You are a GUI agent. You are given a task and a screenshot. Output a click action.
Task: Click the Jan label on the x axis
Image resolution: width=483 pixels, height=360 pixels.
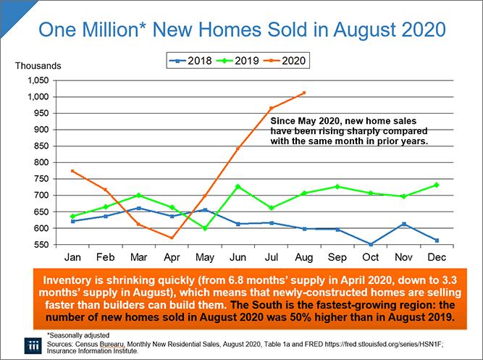73,258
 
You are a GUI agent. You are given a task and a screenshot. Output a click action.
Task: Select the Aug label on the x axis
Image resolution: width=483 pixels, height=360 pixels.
305,258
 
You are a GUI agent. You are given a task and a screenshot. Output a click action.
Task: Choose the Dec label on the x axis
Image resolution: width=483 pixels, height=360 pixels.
438,258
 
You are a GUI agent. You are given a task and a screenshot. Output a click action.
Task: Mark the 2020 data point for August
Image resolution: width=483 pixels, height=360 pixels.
305,93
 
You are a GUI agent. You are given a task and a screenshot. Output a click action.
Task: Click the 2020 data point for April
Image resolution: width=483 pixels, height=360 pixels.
172,238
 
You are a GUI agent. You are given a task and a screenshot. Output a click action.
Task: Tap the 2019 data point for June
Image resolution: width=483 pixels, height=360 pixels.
238,186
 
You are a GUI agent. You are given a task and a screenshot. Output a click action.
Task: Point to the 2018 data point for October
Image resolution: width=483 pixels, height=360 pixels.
371,244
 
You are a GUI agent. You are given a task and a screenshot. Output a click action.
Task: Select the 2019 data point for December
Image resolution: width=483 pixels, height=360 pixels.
438,185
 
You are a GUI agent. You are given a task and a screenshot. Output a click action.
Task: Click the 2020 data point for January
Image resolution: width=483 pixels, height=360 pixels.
73,171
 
